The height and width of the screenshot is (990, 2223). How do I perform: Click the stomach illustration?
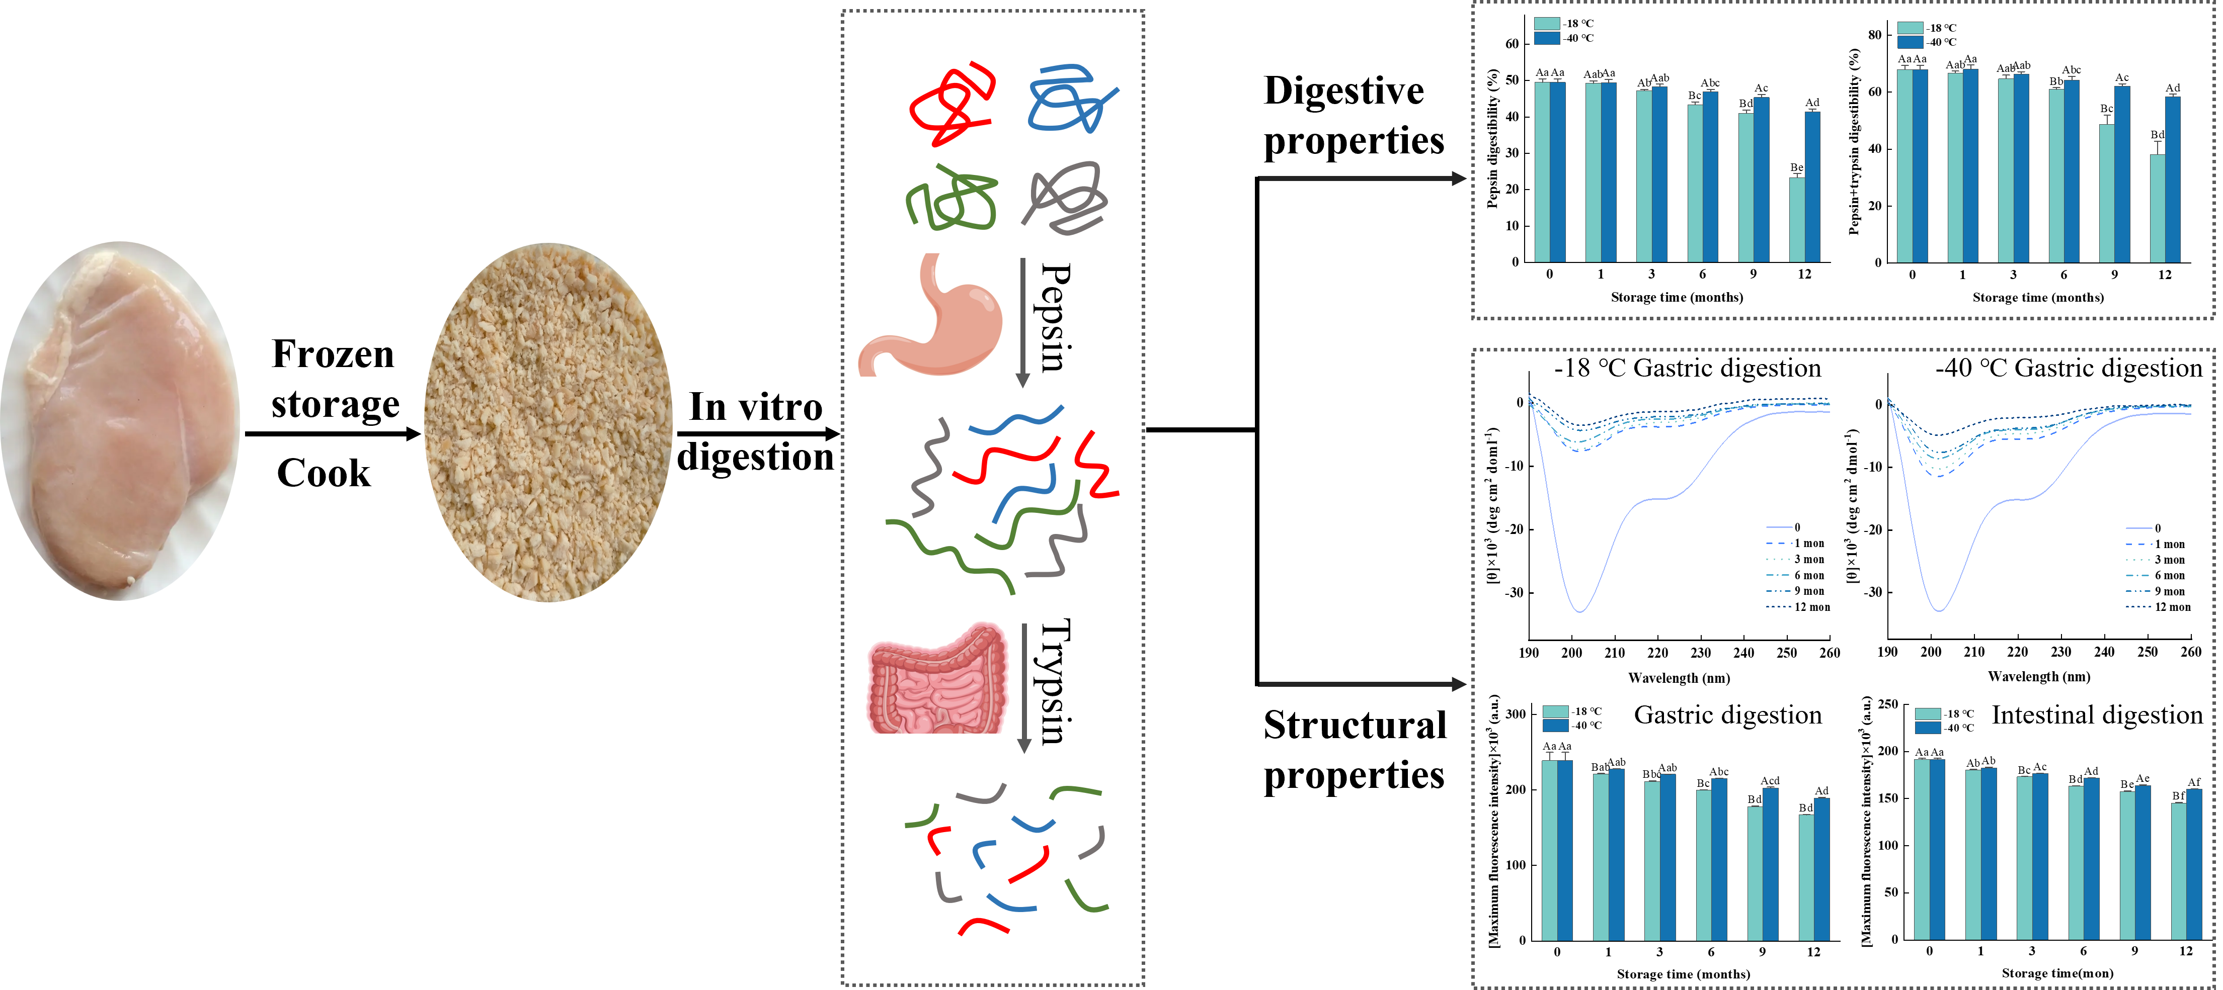(930, 314)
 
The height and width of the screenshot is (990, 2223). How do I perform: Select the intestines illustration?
(937, 678)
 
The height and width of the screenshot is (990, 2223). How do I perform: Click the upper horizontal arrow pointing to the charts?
(1362, 178)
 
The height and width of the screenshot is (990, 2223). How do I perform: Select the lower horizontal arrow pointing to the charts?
(1362, 685)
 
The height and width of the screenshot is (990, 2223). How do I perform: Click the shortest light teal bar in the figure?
(1797, 219)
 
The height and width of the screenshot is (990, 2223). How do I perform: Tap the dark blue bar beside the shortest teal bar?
(1812, 186)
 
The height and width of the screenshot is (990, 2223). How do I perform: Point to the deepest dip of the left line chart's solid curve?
(1580, 610)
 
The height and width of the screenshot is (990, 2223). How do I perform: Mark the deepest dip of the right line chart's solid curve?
(1939, 610)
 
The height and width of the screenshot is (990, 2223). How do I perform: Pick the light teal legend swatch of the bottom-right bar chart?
(1927, 714)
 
